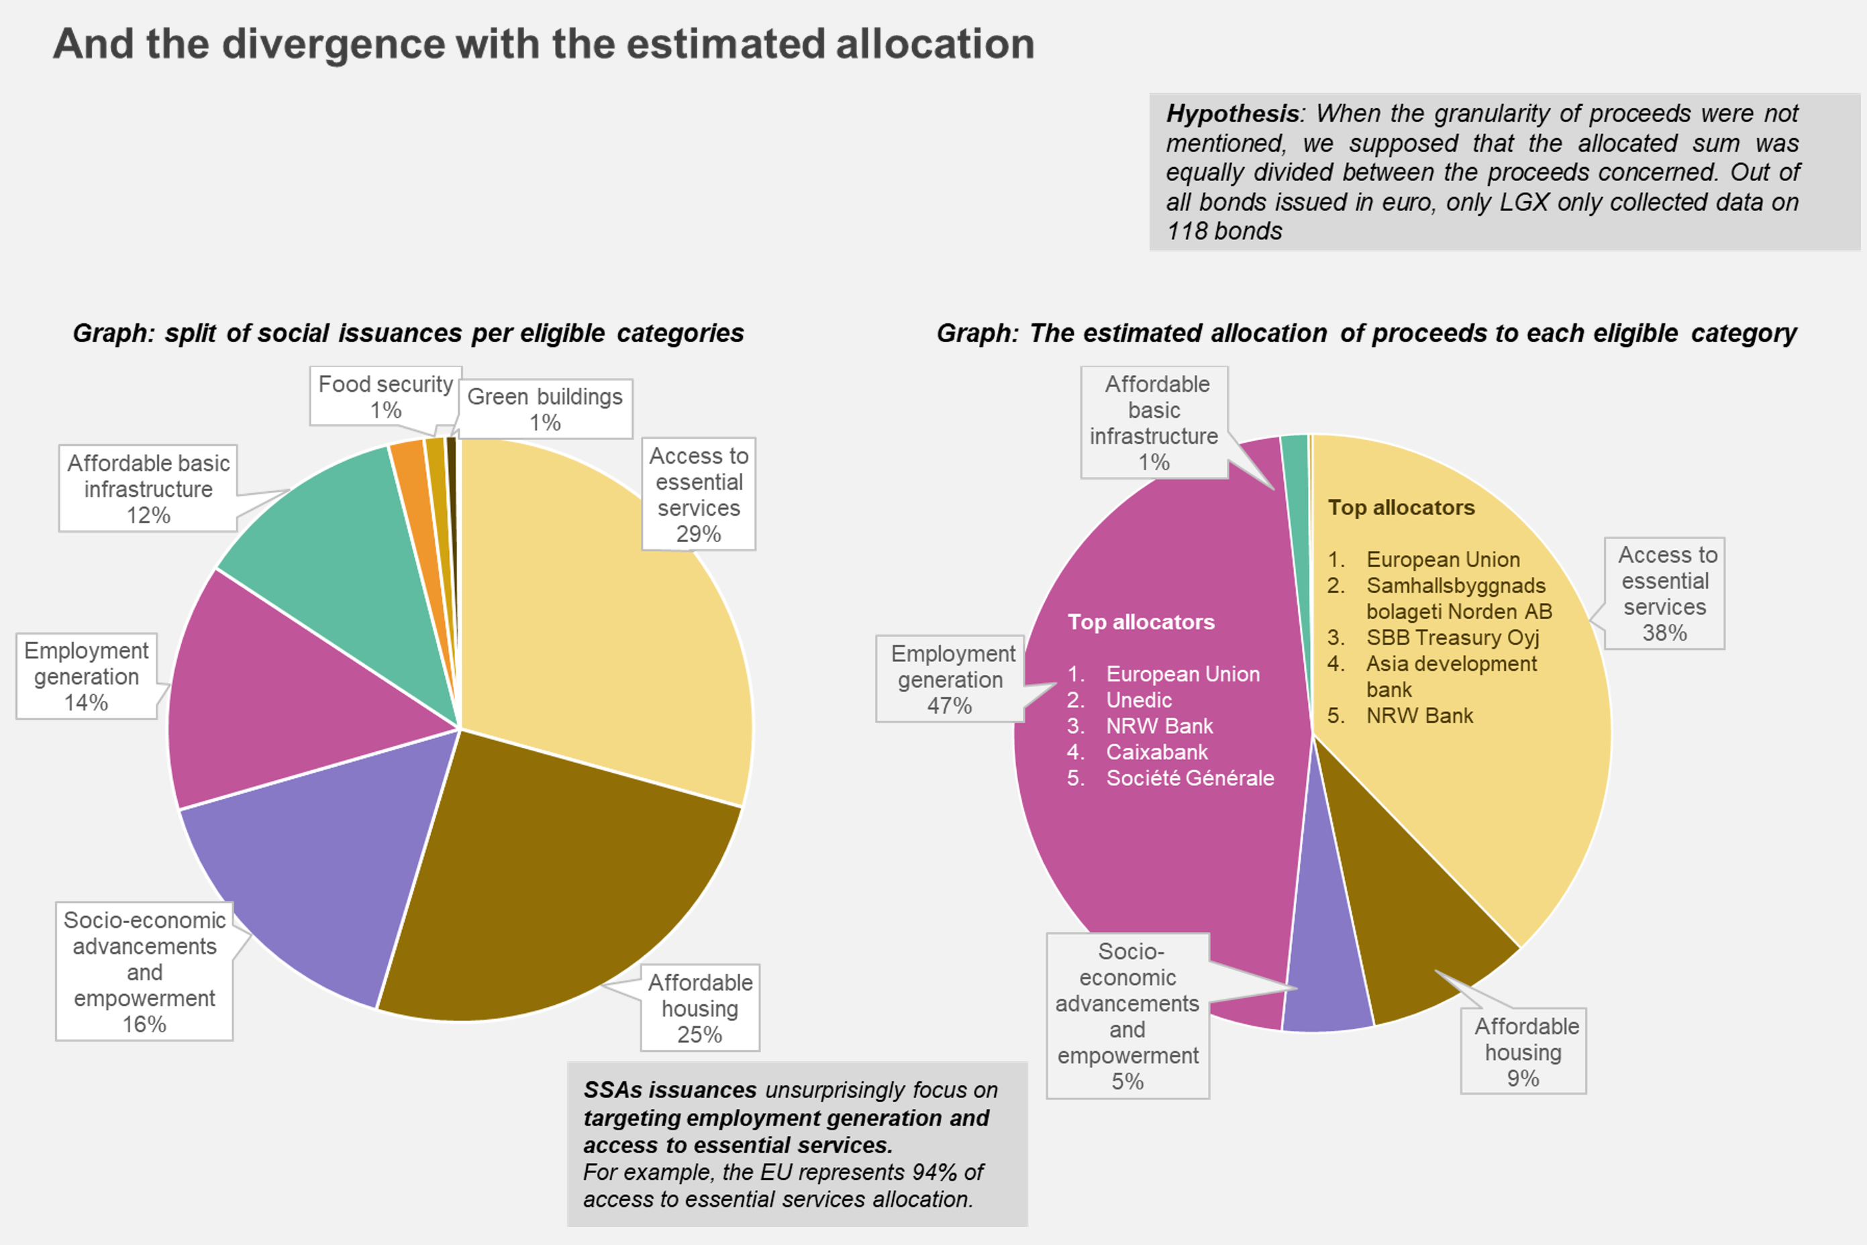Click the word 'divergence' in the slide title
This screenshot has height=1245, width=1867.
click(334, 44)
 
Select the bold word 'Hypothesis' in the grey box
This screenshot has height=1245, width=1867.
click(1231, 113)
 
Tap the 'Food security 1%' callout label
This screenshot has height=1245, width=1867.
click(385, 396)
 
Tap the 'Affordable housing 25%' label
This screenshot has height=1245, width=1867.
click(700, 1008)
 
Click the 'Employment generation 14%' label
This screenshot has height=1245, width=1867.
click(87, 675)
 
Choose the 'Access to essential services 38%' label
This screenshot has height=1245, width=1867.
click(1664, 593)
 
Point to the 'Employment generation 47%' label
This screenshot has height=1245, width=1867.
click(950, 679)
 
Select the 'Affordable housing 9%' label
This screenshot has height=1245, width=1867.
click(1523, 1051)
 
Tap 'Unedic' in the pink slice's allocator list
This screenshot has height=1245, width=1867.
click(1139, 700)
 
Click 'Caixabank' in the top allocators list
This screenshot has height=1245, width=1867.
click(1156, 751)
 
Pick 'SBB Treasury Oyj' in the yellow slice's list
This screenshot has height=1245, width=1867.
click(1452, 637)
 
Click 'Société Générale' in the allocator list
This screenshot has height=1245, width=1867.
click(1190, 777)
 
